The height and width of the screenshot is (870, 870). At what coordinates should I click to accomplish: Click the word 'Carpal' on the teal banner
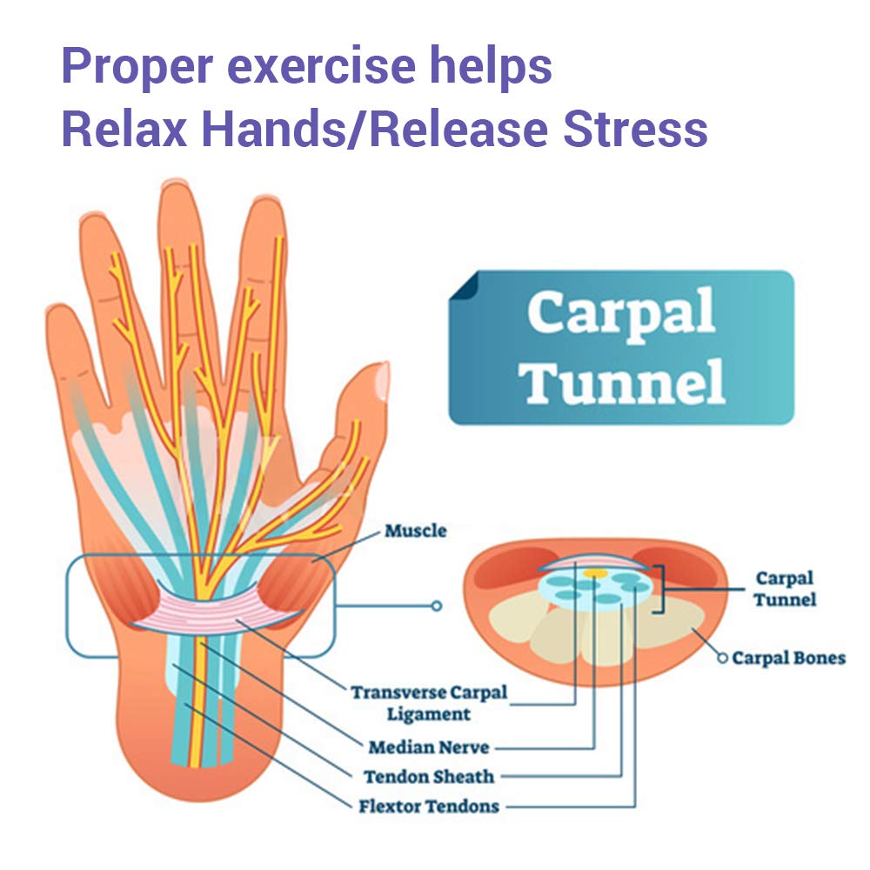(x=621, y=314)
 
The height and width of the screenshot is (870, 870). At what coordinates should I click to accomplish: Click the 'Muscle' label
(x=415, y=530)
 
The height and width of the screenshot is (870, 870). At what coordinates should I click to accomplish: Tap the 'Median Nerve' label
(x=428, y=746)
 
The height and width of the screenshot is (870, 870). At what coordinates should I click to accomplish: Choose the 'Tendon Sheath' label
(x=429, y=776)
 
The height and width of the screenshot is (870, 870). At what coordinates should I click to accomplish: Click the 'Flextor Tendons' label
(x=429, y=806)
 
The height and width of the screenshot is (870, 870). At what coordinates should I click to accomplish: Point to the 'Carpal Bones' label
(x=788, y=658)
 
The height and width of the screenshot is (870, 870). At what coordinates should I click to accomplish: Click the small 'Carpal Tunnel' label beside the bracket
(x=784, y=588)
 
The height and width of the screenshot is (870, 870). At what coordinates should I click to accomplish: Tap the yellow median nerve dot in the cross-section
(x=595, y=574)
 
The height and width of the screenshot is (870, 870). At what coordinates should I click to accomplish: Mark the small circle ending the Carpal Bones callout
(x=722, y=659)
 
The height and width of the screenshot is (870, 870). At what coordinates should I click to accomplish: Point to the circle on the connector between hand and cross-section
(x=437, y=606)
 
